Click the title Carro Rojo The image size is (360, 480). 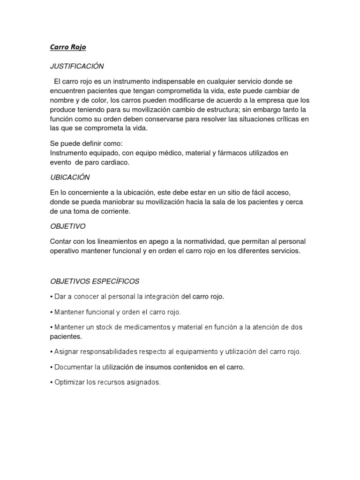[68, 47]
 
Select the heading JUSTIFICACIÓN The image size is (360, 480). [77, 66]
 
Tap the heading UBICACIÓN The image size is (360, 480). [70, 177]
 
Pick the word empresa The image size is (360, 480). [273, 100]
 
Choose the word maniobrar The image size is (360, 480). [116, 202]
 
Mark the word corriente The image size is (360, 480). [112, 211]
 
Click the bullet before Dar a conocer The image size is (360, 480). [52, 297]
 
